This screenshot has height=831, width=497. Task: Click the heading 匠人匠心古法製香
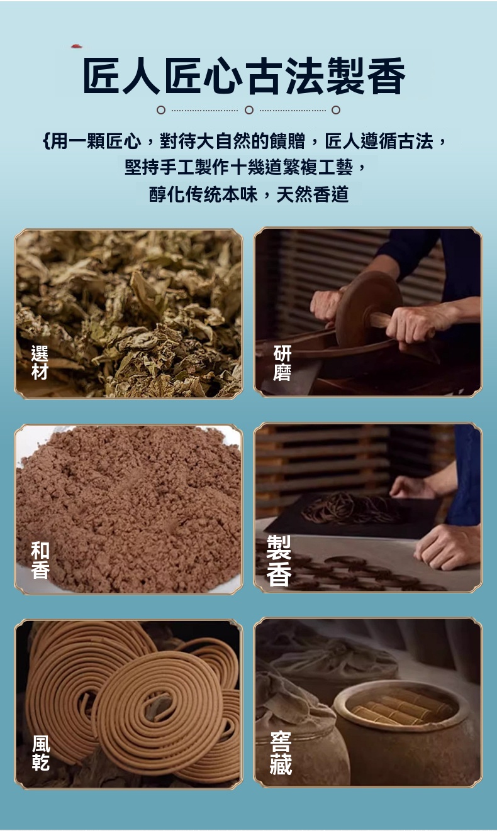click(244, 75)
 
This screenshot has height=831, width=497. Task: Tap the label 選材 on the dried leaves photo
click(40, 362)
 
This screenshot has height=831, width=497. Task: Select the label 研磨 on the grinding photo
click(282, 363)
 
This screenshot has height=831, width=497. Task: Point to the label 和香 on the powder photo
click(40, 560)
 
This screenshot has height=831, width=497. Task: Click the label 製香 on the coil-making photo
click(279, 560)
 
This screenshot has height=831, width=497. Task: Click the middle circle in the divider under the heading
click(249, 110)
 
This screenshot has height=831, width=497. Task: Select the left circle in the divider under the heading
click(160, 110)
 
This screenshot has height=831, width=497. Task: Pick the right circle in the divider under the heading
click(336, 110)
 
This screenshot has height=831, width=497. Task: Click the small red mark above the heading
click(77, 47)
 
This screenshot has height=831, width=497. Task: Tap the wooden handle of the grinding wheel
click(381, 319)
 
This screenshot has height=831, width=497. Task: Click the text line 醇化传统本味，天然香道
click(248, 194)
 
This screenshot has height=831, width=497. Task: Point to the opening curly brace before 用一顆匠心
click(46, 141)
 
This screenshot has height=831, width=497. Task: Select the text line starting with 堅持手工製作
click(245, 168)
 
